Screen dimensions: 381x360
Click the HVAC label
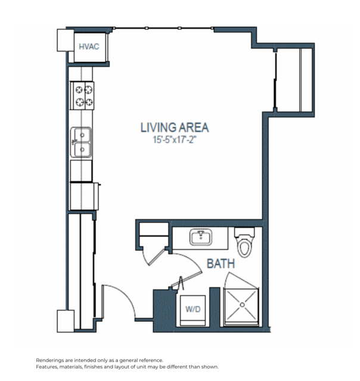point(89,45)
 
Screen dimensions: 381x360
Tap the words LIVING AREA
point(174,127)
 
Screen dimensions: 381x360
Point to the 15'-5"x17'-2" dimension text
point(174,141)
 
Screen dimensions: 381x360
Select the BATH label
point(221,263)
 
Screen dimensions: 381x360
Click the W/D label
point(192,309)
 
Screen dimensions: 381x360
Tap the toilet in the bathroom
point(244,242)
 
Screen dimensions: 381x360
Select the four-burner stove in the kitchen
point(83,96)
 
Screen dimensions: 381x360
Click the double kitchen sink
point(82,142)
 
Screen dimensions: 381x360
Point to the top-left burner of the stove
point(77,90)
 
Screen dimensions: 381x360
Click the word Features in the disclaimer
point(49,367)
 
